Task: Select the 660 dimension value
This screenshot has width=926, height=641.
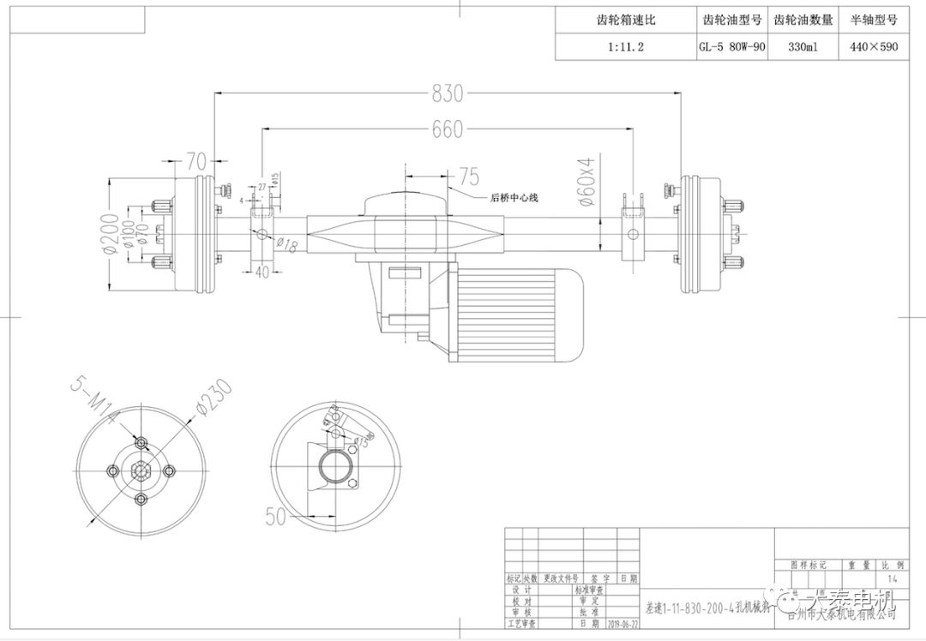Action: (x=447, y=129)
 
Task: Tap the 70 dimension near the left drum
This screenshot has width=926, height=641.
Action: (x=196, y=160)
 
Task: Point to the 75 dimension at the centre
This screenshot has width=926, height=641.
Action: (x=468, y=177)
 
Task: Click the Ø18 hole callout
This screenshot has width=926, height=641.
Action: (x=286, y=245)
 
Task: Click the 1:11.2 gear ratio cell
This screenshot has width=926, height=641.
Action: (x=624, y=47)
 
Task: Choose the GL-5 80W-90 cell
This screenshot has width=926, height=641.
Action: (x=731, y=47)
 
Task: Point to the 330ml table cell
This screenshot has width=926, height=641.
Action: (x=803, y=47)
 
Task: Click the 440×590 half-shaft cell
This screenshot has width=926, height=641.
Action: (x=874, y=47)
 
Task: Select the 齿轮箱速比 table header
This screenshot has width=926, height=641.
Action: (x=624, y=20)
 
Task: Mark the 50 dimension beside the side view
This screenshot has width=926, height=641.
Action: (x=275, y=516)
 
